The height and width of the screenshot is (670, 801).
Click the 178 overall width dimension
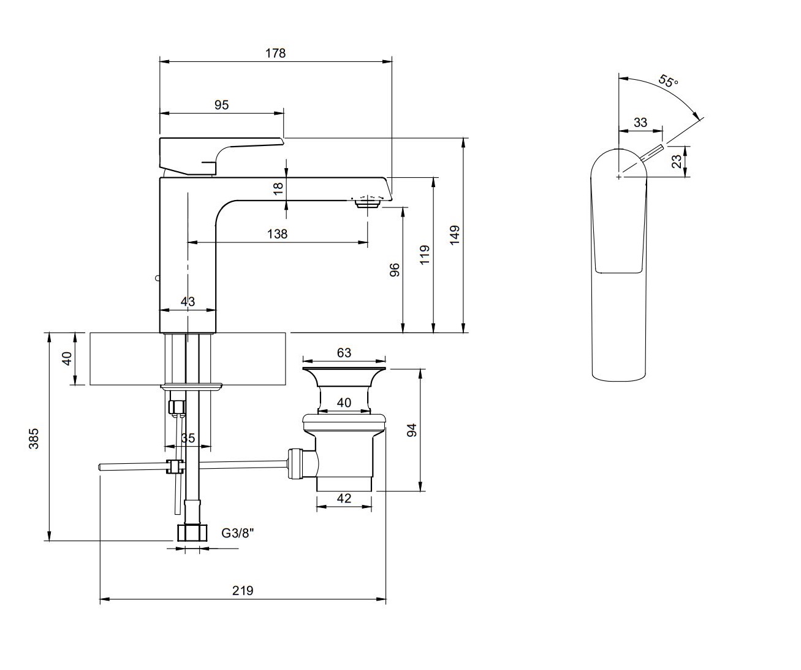coord(275,53)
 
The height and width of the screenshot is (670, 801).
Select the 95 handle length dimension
coord(221,105)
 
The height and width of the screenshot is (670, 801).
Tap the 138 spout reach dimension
coord(277,234)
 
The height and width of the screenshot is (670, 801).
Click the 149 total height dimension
coord(454,236)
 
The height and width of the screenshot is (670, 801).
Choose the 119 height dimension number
coord(425,254)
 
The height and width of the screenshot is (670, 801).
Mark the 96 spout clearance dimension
coord(395,270)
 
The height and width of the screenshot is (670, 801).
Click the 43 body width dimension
coord(188,301)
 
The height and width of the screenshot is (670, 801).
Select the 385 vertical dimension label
coord(34,438)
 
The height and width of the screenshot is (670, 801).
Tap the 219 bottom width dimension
coord(242,590)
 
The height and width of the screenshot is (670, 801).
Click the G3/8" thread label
coord(237,533)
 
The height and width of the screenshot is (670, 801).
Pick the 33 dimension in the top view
coord(640,122)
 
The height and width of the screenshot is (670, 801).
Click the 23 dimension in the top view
coord(676,161)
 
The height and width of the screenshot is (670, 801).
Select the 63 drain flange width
coord(344,352)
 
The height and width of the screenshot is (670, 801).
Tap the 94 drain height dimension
coord(412,430)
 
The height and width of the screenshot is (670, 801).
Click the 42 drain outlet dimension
coord(344,498)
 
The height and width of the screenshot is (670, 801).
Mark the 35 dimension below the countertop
coord(188,438)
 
